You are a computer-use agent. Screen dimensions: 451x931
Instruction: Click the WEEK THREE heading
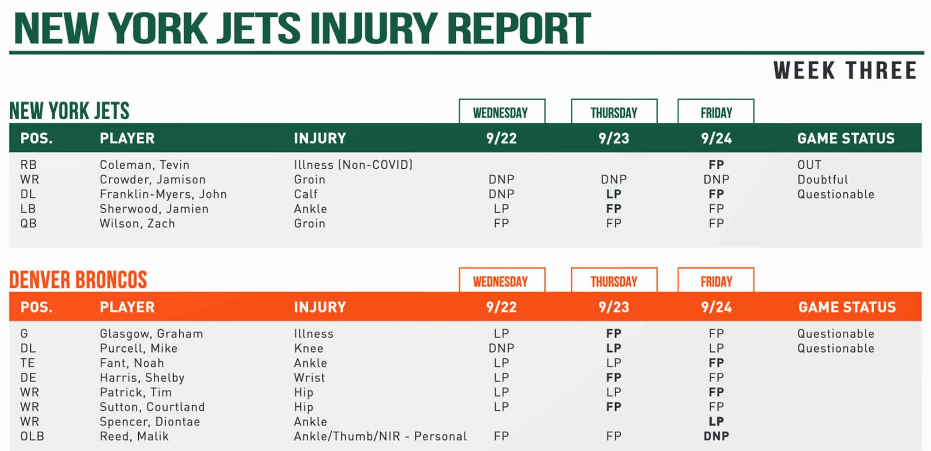845,71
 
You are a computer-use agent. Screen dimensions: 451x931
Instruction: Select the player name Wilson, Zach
137,224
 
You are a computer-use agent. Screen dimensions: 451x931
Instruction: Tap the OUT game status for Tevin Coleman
809,165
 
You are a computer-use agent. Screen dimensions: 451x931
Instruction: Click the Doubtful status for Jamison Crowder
823,180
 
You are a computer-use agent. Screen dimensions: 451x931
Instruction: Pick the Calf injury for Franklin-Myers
305,194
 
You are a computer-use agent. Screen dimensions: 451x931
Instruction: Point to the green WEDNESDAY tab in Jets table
501,113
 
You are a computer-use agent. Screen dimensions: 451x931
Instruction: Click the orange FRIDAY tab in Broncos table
716,281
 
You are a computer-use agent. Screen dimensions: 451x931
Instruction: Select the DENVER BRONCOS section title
78,280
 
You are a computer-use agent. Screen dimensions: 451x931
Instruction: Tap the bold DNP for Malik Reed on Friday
716,437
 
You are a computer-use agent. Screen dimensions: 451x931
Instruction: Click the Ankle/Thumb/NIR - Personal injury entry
380,437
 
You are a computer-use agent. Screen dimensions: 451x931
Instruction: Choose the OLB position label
32,437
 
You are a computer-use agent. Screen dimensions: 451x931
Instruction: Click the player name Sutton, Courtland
152,407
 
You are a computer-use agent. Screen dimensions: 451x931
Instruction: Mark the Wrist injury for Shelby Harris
309,378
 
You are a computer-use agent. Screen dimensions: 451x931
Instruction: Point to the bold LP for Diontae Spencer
716,422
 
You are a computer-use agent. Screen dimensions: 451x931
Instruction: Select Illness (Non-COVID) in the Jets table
353,165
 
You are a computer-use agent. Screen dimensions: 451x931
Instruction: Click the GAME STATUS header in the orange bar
847,307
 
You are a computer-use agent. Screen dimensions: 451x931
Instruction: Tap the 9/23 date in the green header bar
614,138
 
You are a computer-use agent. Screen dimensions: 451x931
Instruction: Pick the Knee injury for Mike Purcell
308,348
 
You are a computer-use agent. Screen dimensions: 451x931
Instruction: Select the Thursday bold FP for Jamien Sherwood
614,209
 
